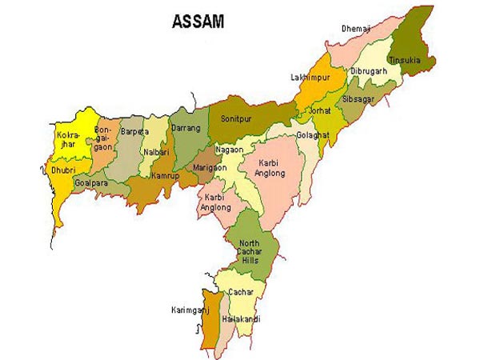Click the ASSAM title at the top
click(198, 22)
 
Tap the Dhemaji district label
click(357, 29)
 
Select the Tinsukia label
click(405, 60)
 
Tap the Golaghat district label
click(312, 135)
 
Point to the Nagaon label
click(229, 149)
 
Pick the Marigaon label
click(210, 167)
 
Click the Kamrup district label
click(165, 174)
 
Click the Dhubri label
click(62, 170)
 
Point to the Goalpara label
click(91, 182)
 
